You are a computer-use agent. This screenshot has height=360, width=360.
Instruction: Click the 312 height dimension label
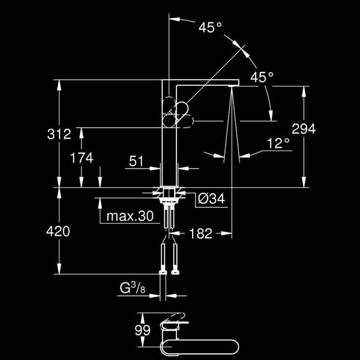[x=59, y=134]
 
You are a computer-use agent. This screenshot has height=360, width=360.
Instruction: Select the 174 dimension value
[x=82, y=158]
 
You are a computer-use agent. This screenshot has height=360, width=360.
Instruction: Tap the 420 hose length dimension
[x=58, y=231]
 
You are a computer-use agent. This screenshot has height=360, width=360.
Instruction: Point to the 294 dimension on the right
[x=304, y=129]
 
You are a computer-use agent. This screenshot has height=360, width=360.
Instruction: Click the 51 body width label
[x=136, y=161]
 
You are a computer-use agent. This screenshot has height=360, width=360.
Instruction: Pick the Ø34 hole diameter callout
[x=211, y=199]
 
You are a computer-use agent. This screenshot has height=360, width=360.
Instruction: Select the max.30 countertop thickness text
[x=130, y=216]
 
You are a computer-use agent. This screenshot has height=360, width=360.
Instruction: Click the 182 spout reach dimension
[x=200, y=234]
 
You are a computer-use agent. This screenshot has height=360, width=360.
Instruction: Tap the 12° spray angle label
[x=278, y=143]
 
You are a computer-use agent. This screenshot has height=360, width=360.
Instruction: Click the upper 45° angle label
[x=210, y=28]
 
